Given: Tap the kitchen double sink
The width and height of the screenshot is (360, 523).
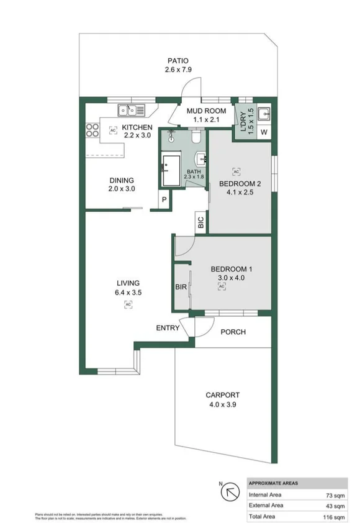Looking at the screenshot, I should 132,111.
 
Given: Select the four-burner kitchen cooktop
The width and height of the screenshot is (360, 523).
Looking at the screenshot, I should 92,130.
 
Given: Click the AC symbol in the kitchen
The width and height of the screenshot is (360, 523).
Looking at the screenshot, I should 113,130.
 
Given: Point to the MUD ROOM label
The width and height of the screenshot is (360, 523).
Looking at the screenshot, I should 206,111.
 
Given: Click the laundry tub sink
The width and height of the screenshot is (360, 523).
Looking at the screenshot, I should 263,114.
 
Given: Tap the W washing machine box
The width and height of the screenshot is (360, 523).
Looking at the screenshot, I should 263,132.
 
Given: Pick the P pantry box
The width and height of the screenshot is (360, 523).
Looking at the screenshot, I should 164,199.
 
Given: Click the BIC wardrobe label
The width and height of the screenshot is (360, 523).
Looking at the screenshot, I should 200,223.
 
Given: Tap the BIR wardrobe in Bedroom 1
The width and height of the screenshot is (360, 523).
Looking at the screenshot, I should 181,287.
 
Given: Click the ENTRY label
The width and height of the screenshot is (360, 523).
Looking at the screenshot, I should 167,328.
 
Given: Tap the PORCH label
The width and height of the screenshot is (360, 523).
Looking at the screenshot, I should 233,332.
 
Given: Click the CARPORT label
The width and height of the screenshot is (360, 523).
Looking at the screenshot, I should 222,395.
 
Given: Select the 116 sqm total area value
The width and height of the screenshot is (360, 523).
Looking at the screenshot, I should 335,516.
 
